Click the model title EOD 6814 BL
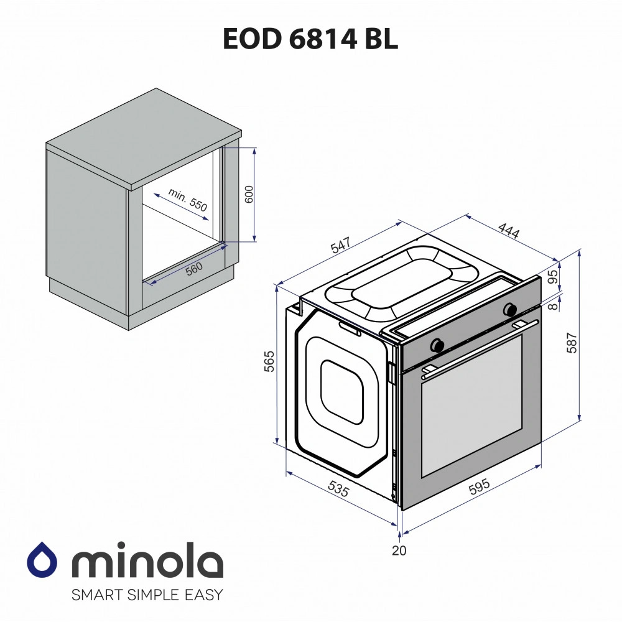[x=310, y=39]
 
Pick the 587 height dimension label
[x=572, y=343]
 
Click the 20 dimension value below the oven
[x=398, y=550]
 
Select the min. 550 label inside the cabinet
[x=187, y=202]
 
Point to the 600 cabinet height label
[x=248, y=195]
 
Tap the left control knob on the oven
[x=437, y=343]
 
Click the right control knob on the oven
[x=510, y=309]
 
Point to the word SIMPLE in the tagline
[x=147, y=595]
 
